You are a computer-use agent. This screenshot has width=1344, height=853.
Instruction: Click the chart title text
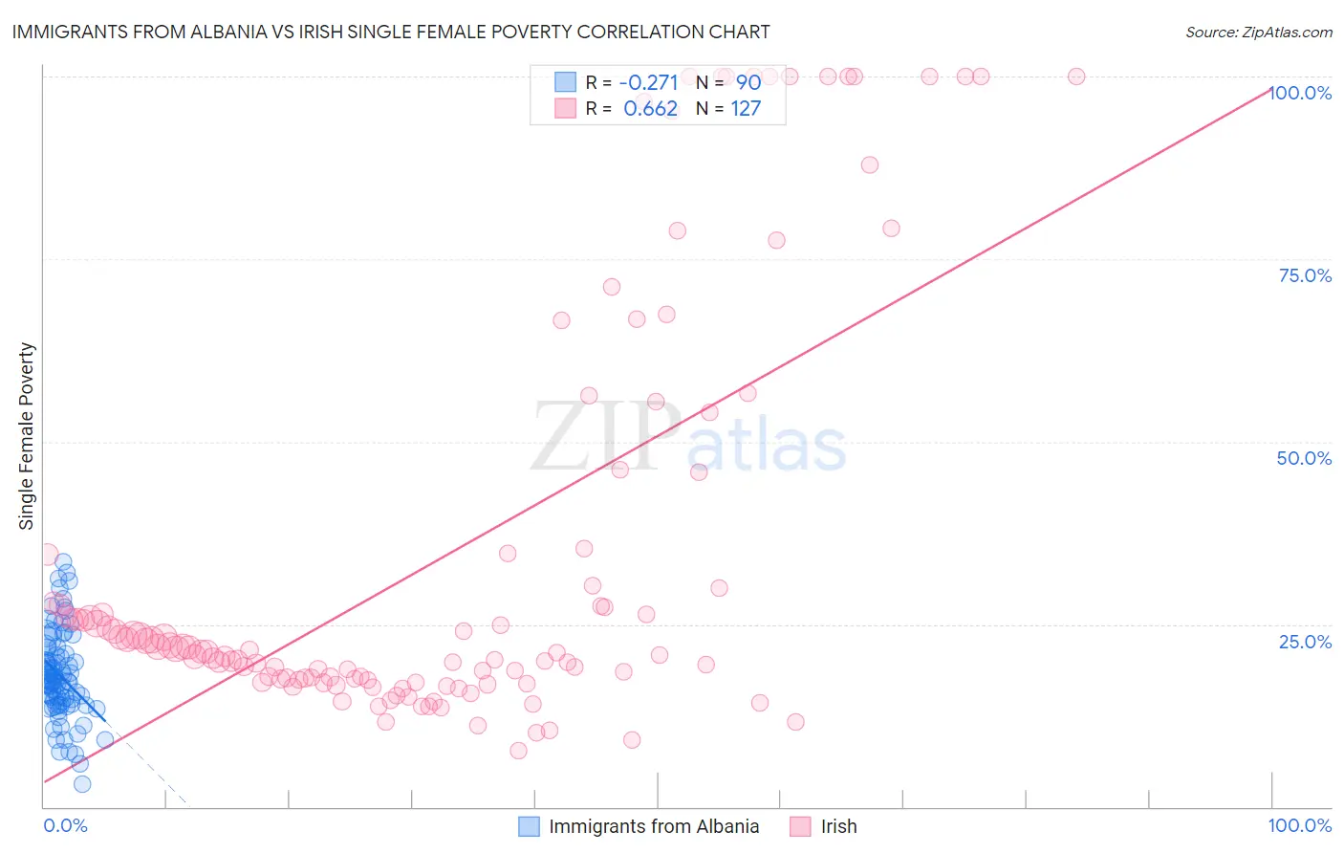[390, 32]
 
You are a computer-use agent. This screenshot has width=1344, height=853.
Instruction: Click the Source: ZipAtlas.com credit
[1258, 32]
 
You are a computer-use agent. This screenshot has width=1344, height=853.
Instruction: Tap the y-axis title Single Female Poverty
[27, 436]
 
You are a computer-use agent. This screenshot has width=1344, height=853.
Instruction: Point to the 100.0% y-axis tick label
[1301, 93]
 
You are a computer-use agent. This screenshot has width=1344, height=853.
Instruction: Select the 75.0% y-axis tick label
[1305, 275]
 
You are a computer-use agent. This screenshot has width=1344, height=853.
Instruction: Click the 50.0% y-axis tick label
[1304, 458]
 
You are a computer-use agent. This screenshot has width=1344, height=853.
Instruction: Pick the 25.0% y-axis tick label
[1305, 641]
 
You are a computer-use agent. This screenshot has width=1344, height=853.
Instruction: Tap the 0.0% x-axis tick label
[65, 825]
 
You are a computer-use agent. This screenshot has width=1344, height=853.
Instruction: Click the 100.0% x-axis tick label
[1299, 825]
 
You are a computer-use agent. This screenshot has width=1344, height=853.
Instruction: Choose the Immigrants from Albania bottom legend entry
[654, 826]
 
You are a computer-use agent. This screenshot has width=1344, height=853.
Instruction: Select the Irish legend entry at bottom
[838, 826]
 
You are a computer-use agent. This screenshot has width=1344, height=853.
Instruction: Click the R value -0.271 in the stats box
[648, 82]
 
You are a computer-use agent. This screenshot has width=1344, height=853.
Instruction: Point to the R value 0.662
[650, 109]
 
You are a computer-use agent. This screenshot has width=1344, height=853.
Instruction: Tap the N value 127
[746, 109]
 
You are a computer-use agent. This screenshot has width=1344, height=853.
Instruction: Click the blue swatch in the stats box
[566, 82]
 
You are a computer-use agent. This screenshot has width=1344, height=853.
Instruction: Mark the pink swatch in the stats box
[566, 109]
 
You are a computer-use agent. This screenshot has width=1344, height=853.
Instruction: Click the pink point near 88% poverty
[869, 164]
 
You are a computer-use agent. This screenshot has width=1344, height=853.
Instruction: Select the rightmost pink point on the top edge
[1076, 77]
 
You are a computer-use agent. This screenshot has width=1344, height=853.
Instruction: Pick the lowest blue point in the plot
[82, 784]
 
